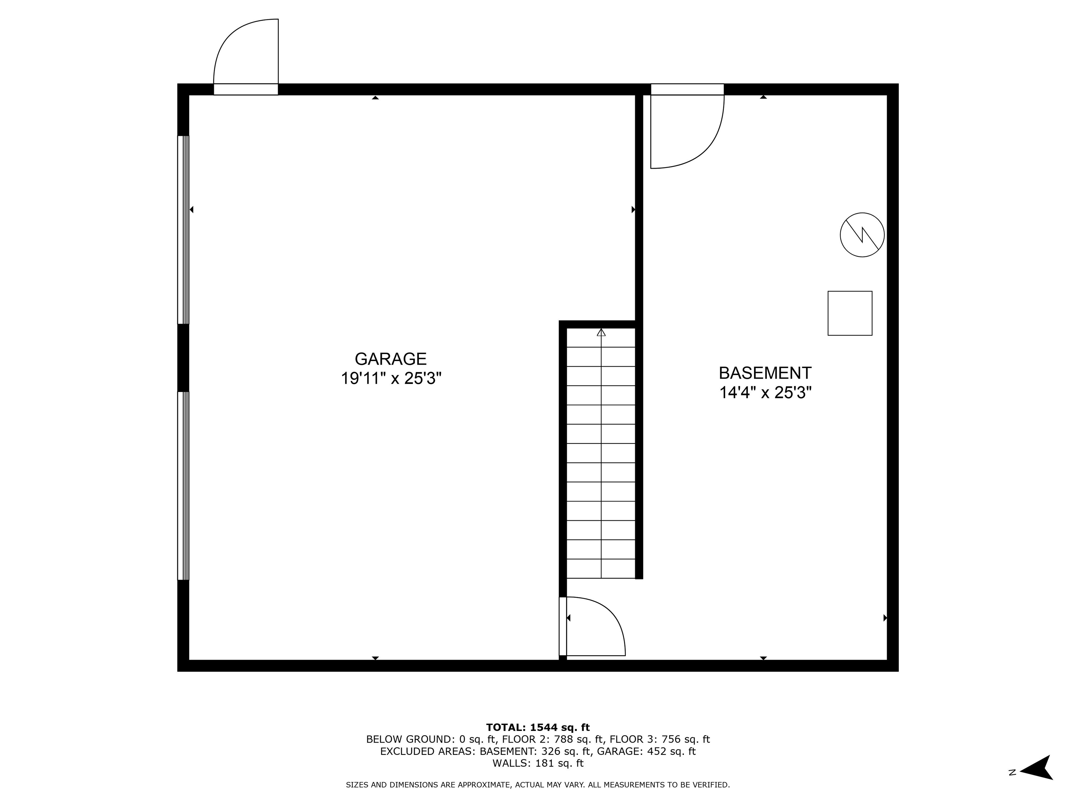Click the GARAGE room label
pos(391,359)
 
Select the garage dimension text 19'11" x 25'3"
pos(391,378)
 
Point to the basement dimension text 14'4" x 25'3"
pos(765,393)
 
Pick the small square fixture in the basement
pos(850,313)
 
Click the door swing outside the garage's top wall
pos(246,54)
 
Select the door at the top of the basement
pos(687,129)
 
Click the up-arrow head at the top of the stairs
pos(601,333)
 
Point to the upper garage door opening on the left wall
pos(183,230)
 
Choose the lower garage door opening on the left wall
pos(183,485)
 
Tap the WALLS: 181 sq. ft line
pos(538,763)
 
